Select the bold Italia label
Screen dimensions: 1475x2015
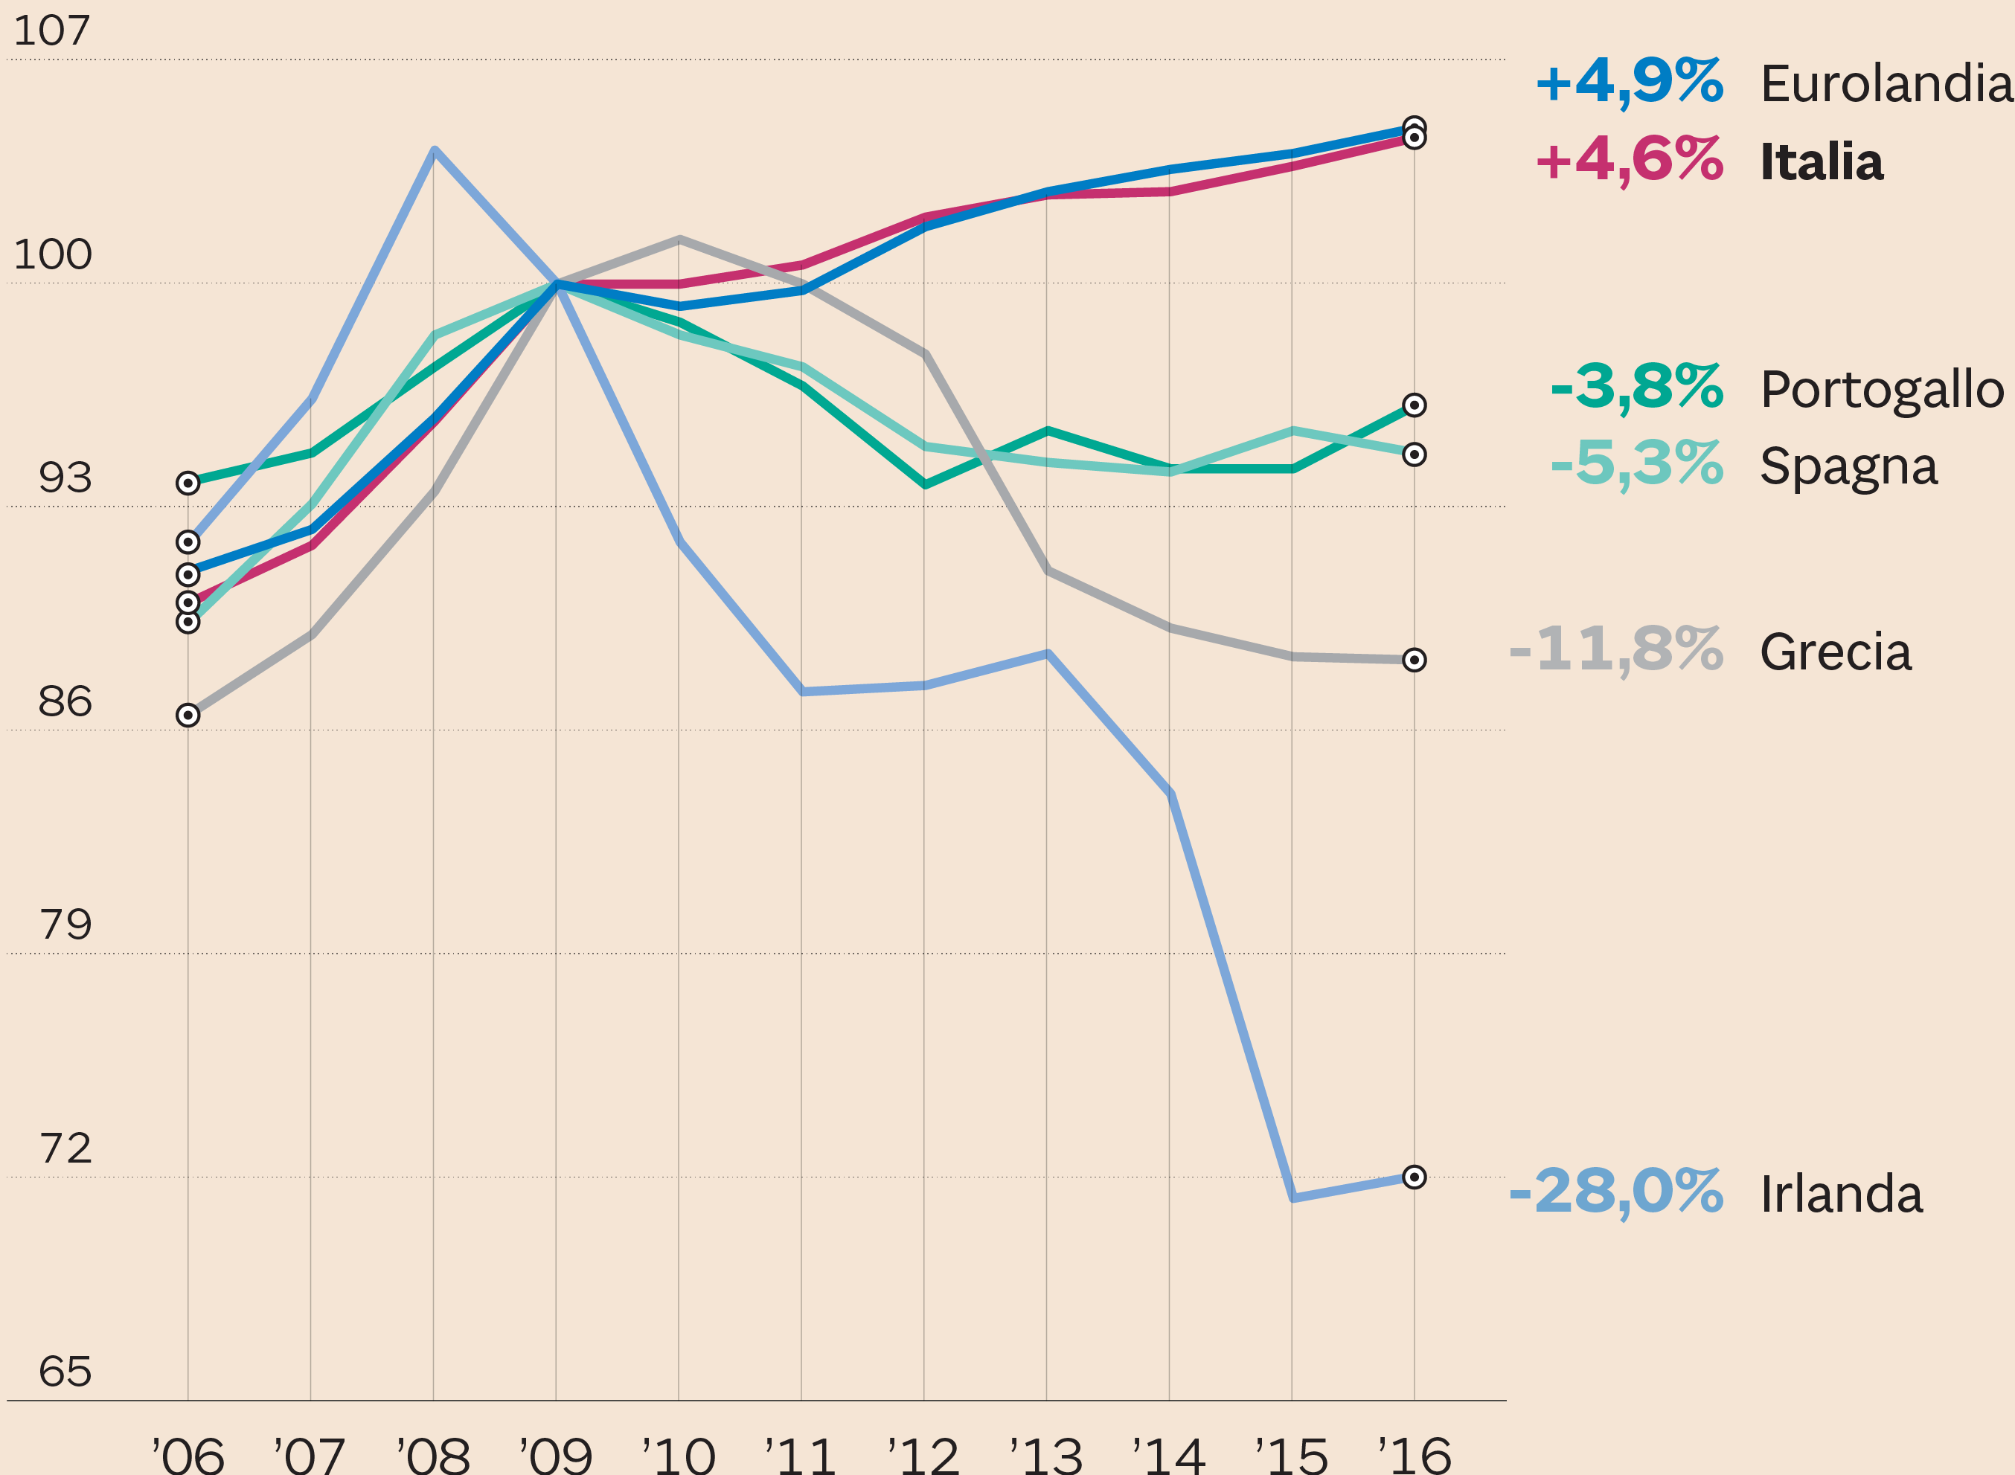(x=1822, y=162)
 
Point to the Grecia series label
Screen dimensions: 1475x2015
(x=1836, y=652)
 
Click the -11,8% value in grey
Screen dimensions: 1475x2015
(x=1615, y=649)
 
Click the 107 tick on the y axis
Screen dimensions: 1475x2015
(x=52, y=31)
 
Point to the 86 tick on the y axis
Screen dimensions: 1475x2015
(x=64, y=701)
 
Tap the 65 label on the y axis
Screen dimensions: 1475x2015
(x=64, y=1372)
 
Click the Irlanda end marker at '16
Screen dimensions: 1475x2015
(x=1414, y=1177)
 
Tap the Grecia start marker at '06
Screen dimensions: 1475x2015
(x=188, y=715)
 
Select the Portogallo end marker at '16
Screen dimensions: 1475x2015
(x=1414, y=405)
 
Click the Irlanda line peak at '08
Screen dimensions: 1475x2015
(x=433, y=150)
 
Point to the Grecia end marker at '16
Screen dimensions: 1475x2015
(x=1414, y=660)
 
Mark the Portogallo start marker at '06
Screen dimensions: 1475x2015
(x=188, y=483)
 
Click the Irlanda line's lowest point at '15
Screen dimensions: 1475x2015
(x=1292, y=1198)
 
